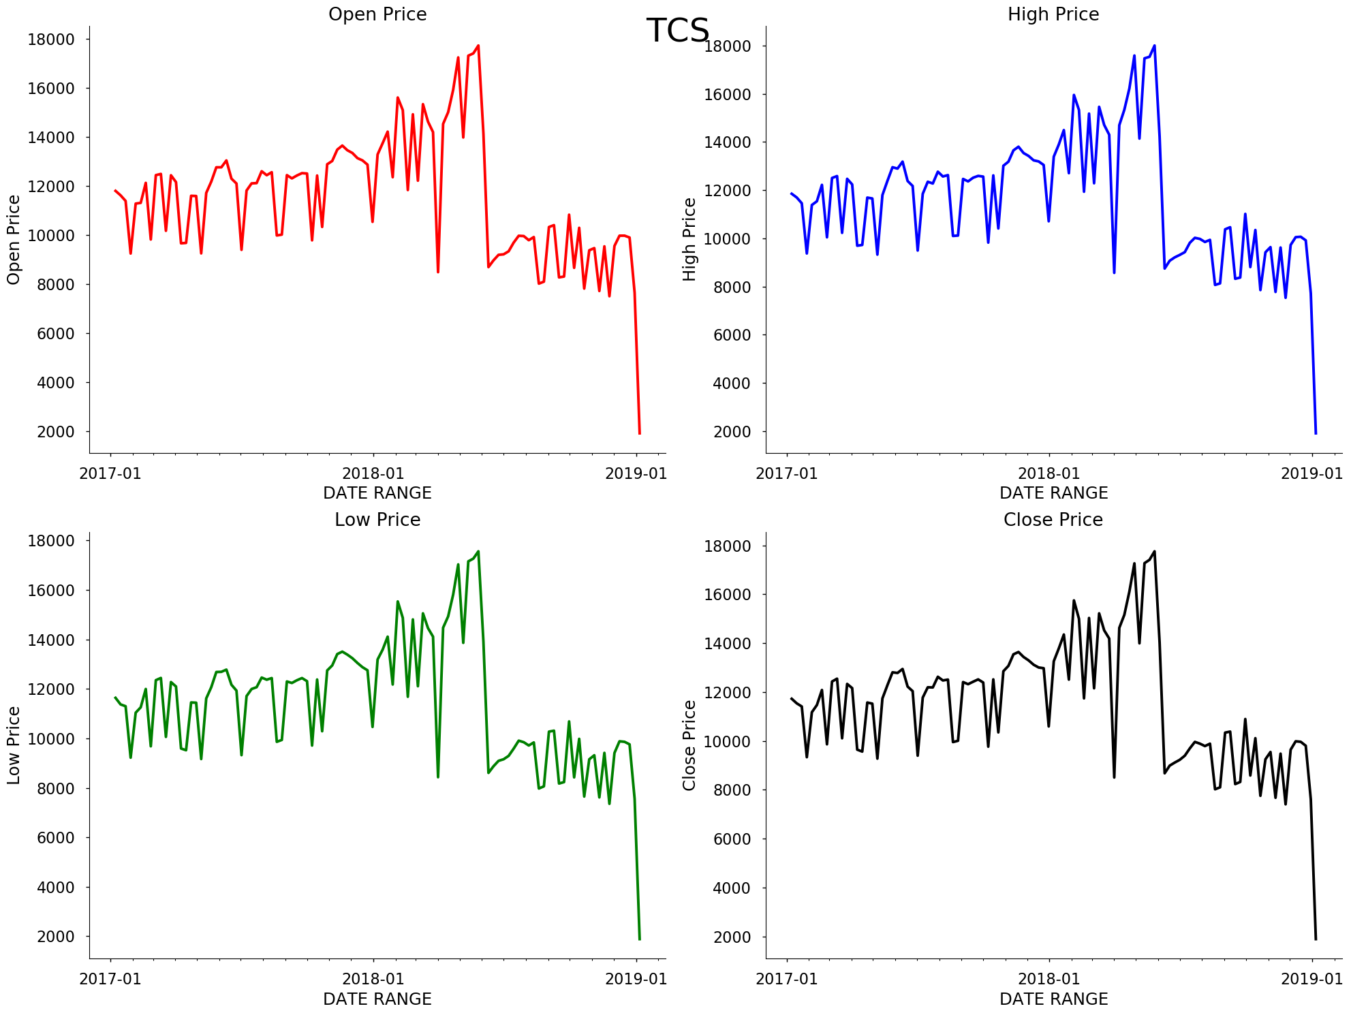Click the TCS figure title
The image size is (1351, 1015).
[x=677, y=31]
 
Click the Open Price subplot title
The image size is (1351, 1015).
[x=377, y=14]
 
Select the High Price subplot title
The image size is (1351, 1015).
[x=1053, y=14]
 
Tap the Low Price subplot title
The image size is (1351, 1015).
[x=377, y=520]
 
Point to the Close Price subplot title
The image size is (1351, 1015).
[x=1053, y=520]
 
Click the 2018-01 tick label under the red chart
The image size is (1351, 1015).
[x=373, y=473]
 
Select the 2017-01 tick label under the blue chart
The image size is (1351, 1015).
[x=787, y=473]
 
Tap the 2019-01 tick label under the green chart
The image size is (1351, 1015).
[x=636, y=980]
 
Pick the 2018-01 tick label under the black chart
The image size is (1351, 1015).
[x=1049, y=980]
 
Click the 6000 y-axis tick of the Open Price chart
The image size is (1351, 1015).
[x=51, y=334]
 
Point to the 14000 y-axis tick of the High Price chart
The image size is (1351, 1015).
[x=727, y=142]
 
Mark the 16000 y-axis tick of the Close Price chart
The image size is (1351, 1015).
[x=727, y=595]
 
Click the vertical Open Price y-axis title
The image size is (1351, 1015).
[x=14, y=240]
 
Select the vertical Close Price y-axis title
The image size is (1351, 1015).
[x=689, y=745]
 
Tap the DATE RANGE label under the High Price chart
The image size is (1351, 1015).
[x=1053, y=493]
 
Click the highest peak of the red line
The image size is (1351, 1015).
[x=478, y=46]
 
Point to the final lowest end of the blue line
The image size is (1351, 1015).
[x=1316, y=433]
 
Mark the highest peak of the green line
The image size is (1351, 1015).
[x=478, y=552]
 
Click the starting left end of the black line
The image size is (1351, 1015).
[x=792, y=698]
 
